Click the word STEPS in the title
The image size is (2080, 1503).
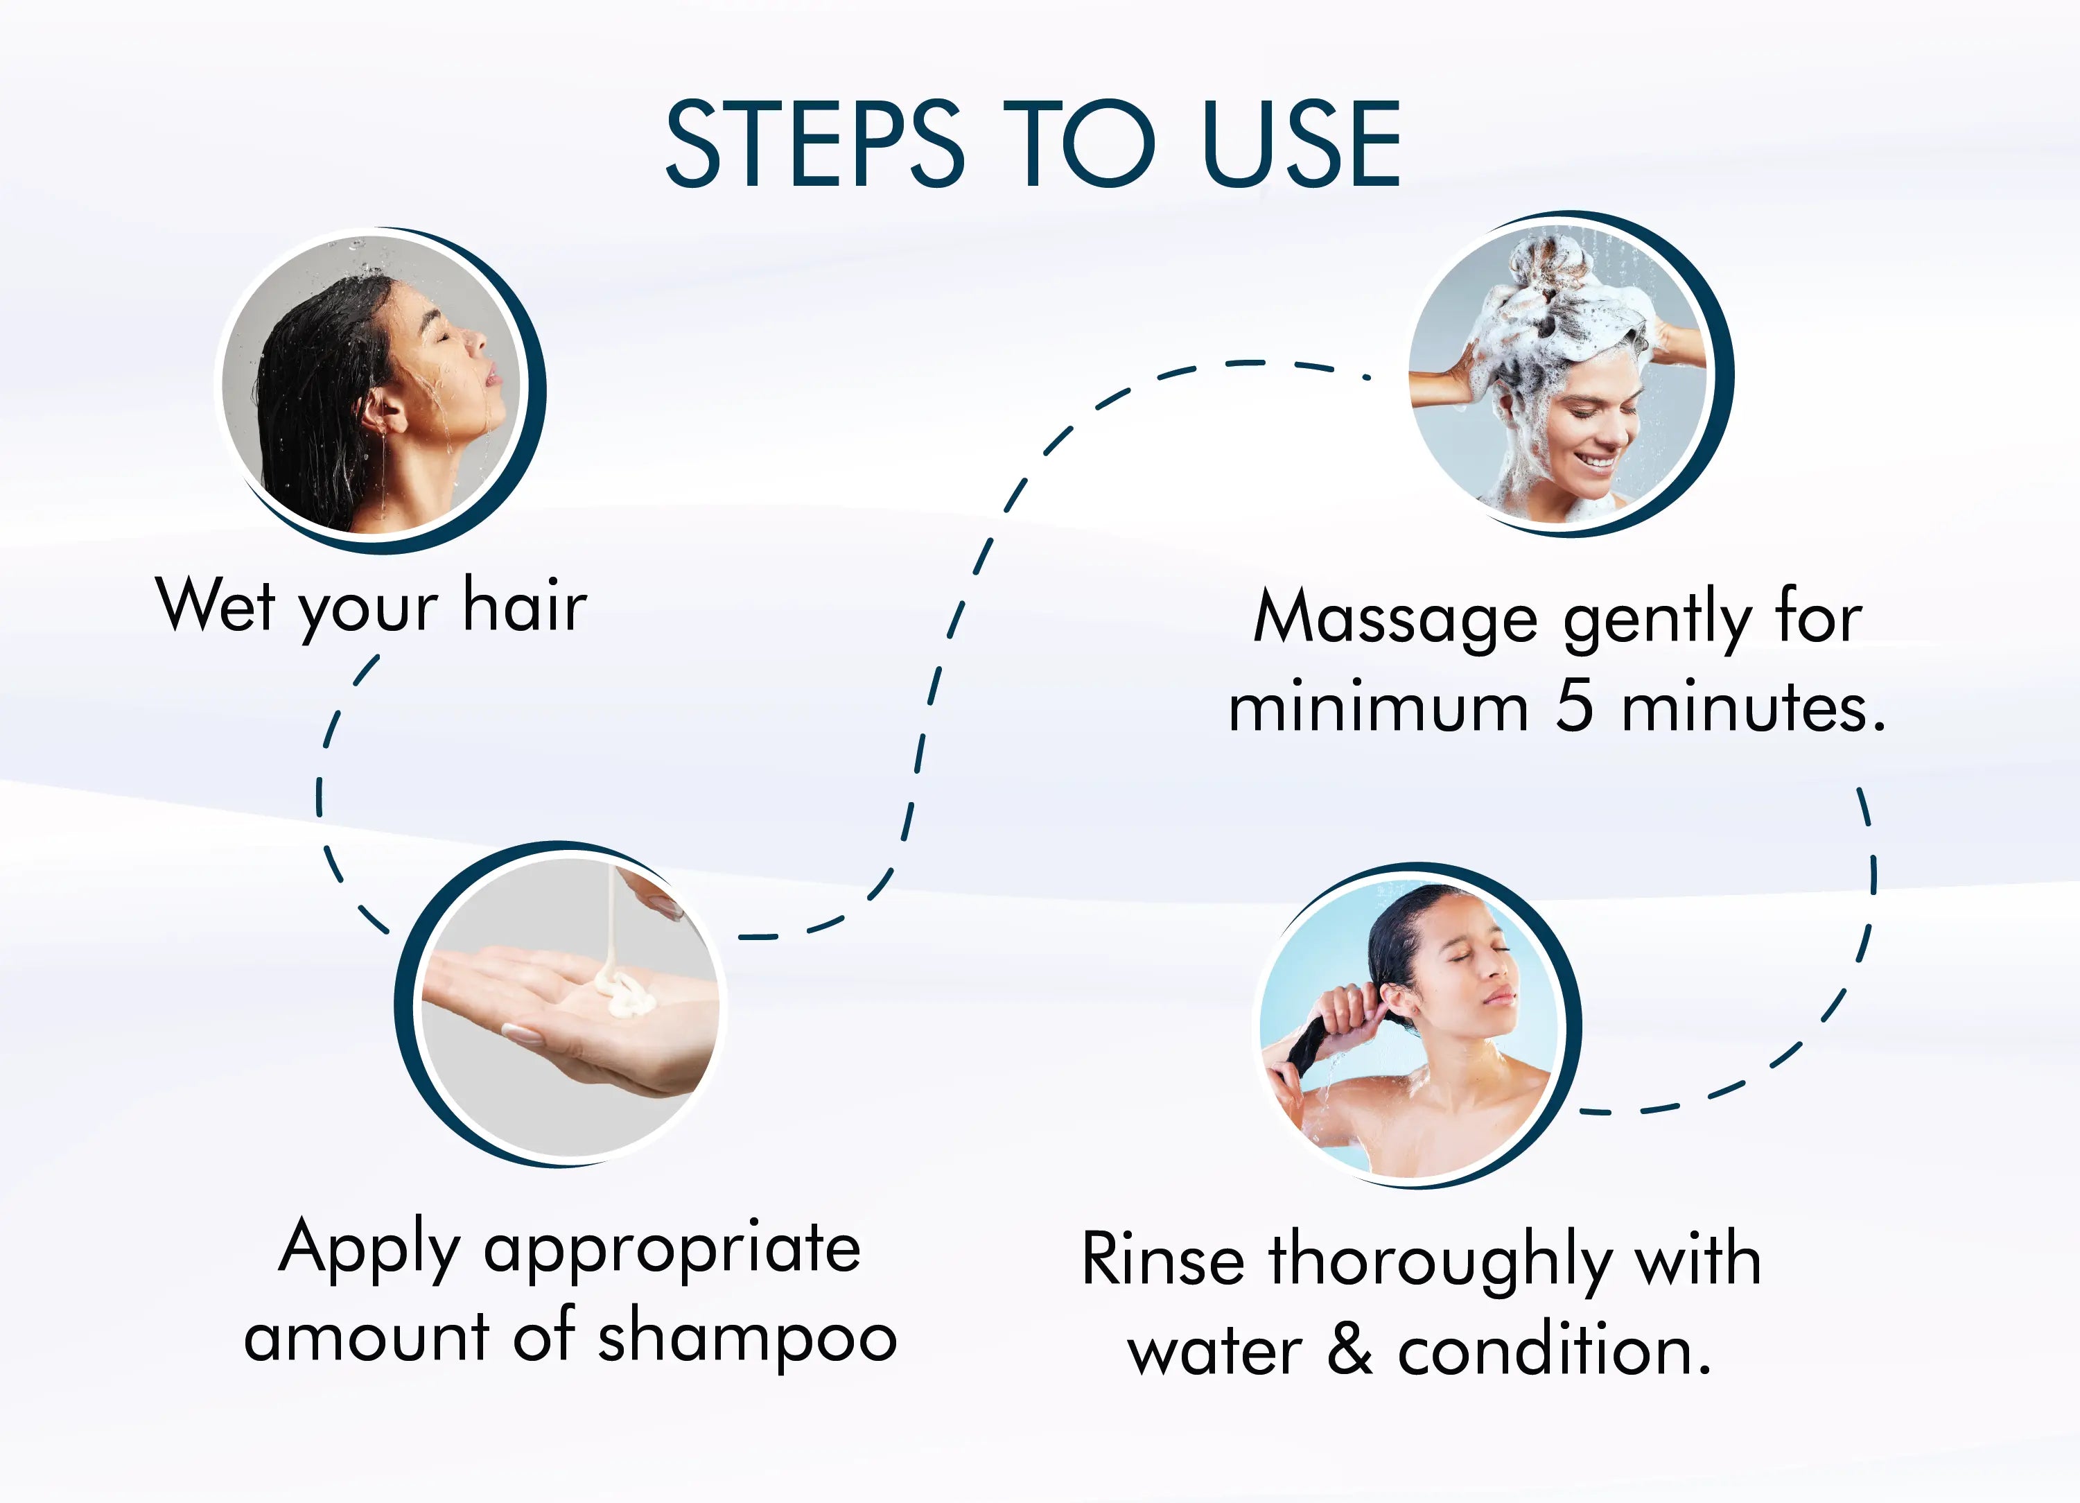(x=814, y=144)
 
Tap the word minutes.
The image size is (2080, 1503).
(x=1754, y=709)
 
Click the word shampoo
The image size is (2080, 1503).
(x=747, y=1339)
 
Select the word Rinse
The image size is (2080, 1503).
(x=1163, y=1260)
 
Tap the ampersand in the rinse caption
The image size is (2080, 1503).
(x=1350, y=1350)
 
